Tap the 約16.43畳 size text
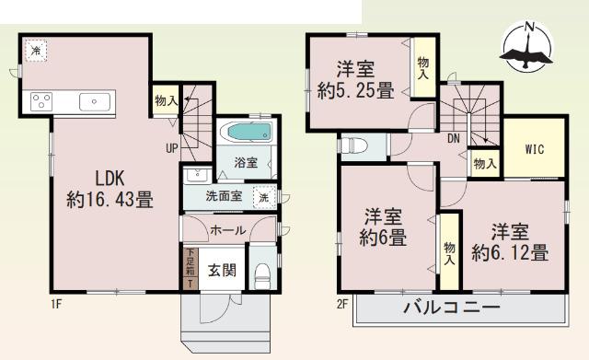point(109,198)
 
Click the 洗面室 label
point(224,196)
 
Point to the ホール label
point(227,230)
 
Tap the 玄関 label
point(222,270)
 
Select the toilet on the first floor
point(263,273)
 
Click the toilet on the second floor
point(357,145)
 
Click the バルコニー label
point(451,308)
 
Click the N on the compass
point(529,28)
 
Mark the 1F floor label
point(29,301)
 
